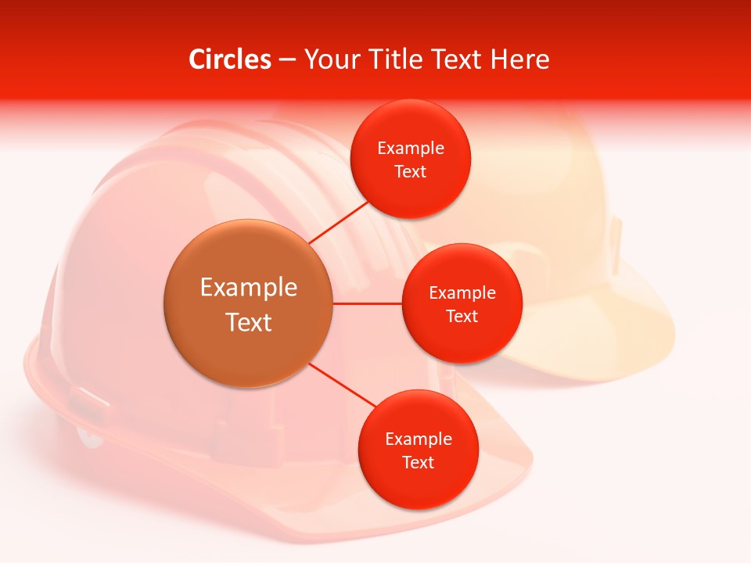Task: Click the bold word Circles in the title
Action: [229, 59]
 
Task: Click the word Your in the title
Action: [332, 59]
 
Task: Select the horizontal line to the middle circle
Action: [368, 303]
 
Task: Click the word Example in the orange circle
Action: [249, 288]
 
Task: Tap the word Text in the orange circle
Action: [249, 322]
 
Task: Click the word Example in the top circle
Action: [411, 148]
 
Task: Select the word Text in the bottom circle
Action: [418, 462]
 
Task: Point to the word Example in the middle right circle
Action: [462, 292]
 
